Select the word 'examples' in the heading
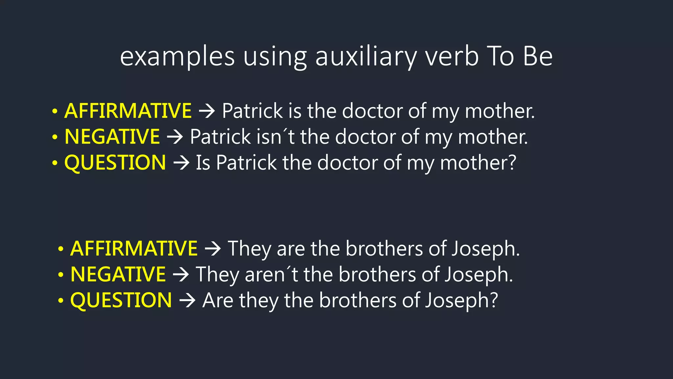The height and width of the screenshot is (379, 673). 177,57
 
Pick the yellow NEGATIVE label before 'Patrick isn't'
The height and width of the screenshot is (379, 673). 112,137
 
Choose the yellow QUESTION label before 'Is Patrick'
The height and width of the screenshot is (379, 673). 115,163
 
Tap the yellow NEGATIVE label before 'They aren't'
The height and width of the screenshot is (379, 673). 118,274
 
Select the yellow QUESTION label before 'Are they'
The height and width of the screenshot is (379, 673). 121,300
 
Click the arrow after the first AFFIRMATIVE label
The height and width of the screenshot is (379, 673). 207,111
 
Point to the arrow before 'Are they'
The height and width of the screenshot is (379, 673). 187,301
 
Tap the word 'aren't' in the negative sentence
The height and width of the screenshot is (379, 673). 271,274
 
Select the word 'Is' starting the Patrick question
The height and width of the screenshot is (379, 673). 203,163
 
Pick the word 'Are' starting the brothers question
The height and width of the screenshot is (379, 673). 218,300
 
